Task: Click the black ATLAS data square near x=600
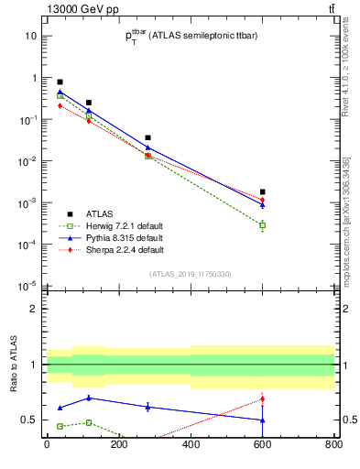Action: point(262,191)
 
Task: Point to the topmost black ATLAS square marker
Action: point(60,82)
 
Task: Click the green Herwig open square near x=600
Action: point(262,225)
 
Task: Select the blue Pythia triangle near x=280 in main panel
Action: point(147,147)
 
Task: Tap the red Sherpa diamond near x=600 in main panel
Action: point(262,200)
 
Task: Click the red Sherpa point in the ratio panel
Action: point(262,398)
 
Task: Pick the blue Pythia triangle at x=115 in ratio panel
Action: point(88,398)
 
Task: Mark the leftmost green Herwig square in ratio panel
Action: point(60,426)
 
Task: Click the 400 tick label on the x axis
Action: point(190,445)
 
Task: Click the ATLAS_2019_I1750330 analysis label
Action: point(190,274)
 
